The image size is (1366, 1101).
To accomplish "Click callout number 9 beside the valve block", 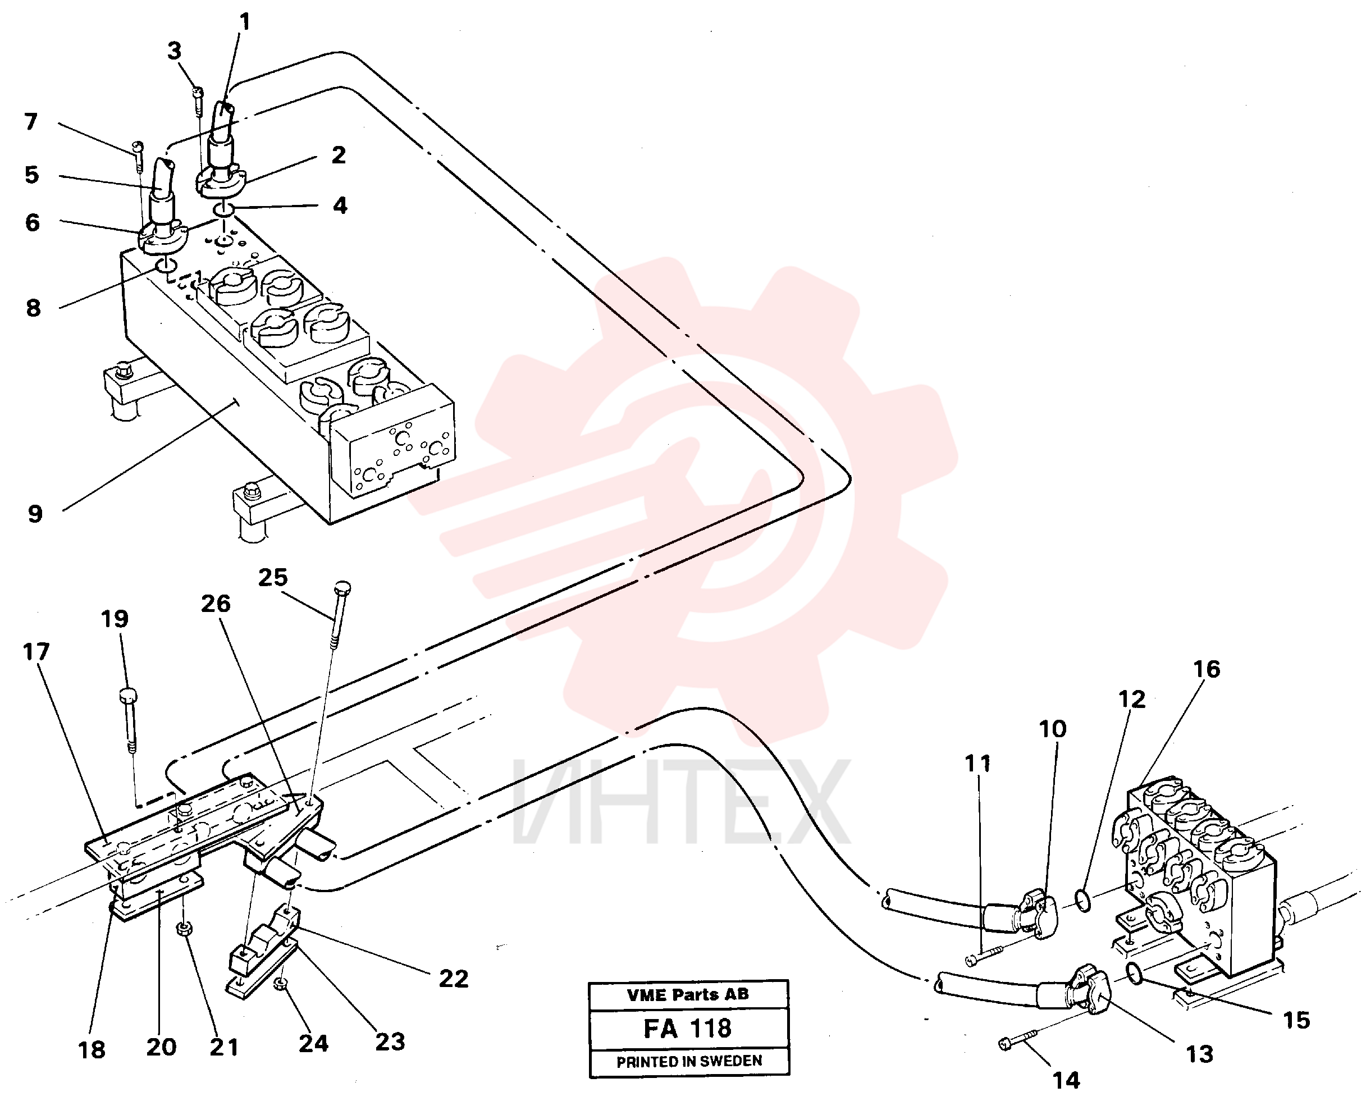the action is coord(35,514).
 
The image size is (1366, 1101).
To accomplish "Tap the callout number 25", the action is coord(273,577).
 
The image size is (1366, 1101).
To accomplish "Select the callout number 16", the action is coord(1206,669).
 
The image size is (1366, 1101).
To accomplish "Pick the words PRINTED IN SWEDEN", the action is coord(689,1061).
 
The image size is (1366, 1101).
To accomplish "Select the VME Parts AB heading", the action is coord(688,994).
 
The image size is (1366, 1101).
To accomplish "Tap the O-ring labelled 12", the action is coord(1084,901).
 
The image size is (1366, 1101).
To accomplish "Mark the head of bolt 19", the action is coord(128,695).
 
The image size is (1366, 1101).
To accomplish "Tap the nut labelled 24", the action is coord(279,984).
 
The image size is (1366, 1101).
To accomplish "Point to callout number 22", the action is coord(454,979).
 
